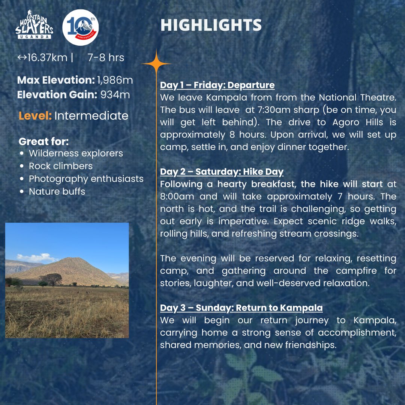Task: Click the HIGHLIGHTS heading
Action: coord(211,25)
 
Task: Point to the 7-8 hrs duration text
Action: coord(106,58)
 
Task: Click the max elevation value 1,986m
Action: coord(115,80)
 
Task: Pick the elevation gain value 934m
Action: coord(115,94)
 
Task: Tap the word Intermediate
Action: coord(91,115)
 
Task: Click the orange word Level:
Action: coord(35,115)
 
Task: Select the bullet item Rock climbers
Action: coord(60,166)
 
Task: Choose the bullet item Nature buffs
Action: coord(57,191)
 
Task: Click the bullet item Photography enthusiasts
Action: coord(86,178)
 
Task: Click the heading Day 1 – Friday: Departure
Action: coord(217,85)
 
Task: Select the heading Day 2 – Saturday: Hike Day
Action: coord(222,172)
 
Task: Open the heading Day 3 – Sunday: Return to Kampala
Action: coord(241,308)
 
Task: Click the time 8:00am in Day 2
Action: coord(176,196)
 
